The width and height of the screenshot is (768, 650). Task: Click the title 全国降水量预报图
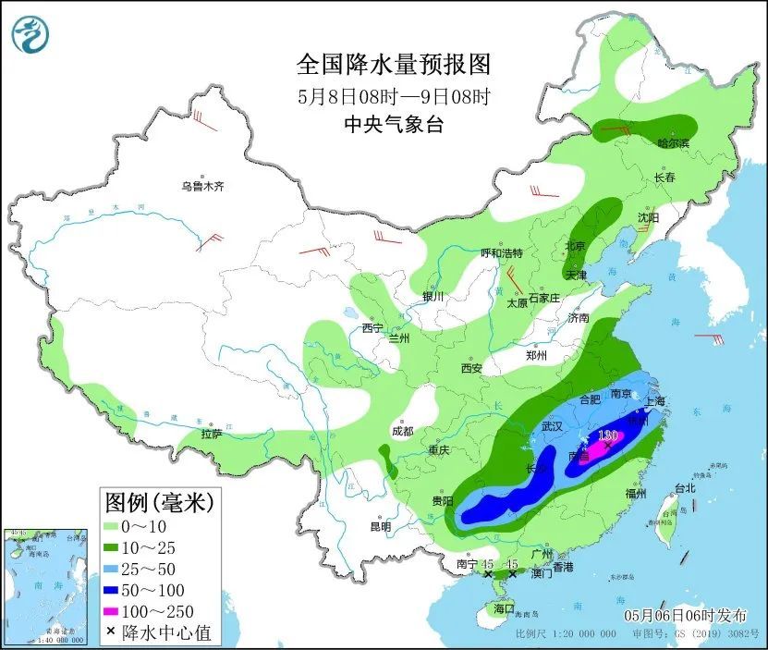(393, 65)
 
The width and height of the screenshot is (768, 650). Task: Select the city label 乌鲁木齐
(201, 186)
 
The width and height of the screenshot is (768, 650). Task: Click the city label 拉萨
(211, 434)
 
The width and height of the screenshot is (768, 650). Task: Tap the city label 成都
(402, 430)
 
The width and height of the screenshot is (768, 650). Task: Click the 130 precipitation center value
(607, 435)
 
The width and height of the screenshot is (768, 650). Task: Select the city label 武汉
(552, 426)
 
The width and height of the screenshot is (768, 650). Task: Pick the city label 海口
(503, 610)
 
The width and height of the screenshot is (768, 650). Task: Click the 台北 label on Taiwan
(685, 487)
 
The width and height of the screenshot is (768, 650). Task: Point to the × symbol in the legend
(111, 632)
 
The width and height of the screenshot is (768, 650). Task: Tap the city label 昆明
(380, 527)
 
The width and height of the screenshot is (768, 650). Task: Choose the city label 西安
(471, 368)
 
